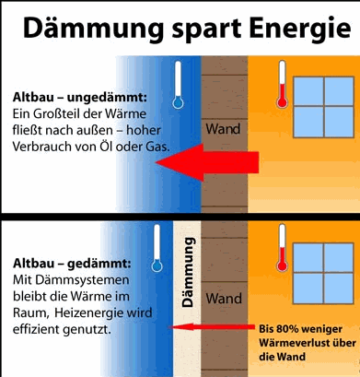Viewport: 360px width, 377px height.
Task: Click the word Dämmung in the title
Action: point(93,29)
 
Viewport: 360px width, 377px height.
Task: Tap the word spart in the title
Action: point(206,30)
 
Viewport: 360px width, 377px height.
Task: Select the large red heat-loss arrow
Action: point(207,162)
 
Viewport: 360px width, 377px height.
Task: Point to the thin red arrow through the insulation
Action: point(213,327)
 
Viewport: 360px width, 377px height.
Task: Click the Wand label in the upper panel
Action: point(223,129)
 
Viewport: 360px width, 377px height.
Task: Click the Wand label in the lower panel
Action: point(224,299)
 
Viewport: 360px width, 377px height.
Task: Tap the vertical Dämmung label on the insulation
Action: point(188,272)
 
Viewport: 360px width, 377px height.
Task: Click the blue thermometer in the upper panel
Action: point(178,85)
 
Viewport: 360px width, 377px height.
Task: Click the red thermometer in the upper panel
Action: point(282,84)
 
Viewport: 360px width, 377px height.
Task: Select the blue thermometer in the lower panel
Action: point(157,248)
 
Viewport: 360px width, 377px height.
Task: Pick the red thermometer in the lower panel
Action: point(282,248)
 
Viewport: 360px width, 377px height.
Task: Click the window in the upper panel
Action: point(323,107)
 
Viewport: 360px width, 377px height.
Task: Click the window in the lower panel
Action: point(323,274)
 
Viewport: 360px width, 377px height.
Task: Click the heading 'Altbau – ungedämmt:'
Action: point(80,98)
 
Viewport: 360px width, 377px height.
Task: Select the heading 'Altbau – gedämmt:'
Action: point(72,264)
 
